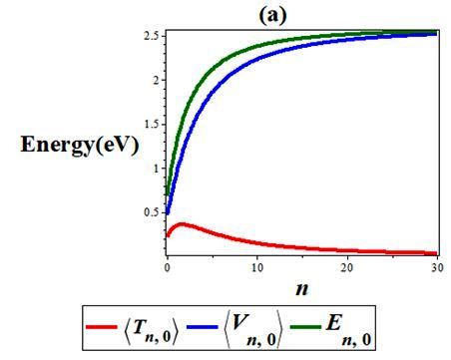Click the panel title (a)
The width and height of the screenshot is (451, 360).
(272, 15)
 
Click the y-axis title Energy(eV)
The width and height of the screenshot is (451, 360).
(80, 145)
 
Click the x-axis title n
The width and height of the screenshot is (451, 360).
(301, 288)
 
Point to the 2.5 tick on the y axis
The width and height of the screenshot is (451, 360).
(153, 36)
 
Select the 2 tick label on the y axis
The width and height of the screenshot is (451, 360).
(157, 80)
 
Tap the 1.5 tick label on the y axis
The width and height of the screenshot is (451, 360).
(153, 125)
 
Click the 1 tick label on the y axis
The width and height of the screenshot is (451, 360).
(157, 169)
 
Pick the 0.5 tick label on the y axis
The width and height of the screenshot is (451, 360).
(153, 212)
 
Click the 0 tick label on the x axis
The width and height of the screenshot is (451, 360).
(168, 267)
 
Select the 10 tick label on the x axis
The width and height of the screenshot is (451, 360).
(257, 267)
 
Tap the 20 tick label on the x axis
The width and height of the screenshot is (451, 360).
(347, 267)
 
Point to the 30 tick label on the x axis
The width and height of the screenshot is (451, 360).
(438, 267)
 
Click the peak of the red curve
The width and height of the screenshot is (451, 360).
(182, 224)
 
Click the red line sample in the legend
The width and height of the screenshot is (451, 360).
(102, 327)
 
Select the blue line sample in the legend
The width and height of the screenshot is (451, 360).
(203, 327)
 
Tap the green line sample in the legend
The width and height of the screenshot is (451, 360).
(305, 327)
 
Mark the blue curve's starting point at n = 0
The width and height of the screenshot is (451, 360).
(168, 212)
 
